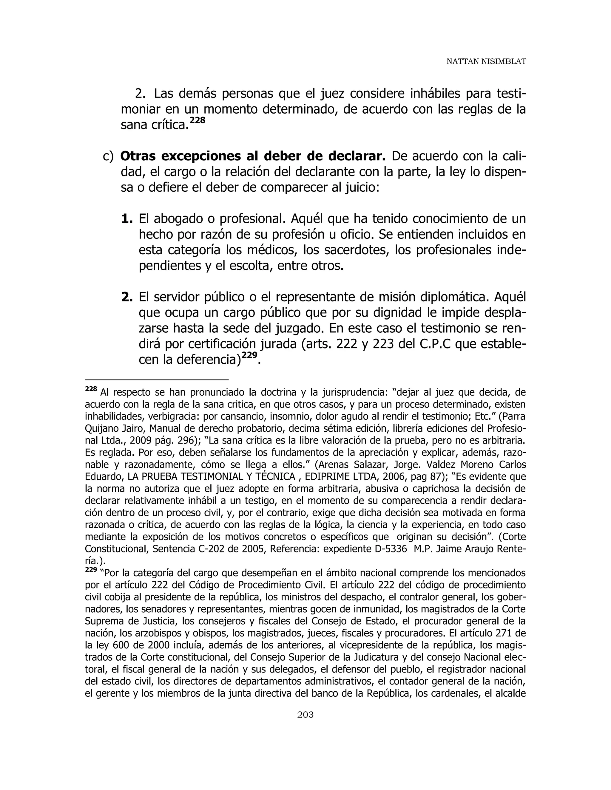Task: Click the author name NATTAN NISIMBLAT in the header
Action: (486, 61)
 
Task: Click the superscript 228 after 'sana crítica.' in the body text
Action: (198, 120)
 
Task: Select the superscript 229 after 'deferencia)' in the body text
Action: (249, 355)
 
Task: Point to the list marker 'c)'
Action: (108, 156)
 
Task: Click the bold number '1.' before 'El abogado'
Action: (127, 219)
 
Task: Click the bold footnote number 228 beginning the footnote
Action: (91, 389)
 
